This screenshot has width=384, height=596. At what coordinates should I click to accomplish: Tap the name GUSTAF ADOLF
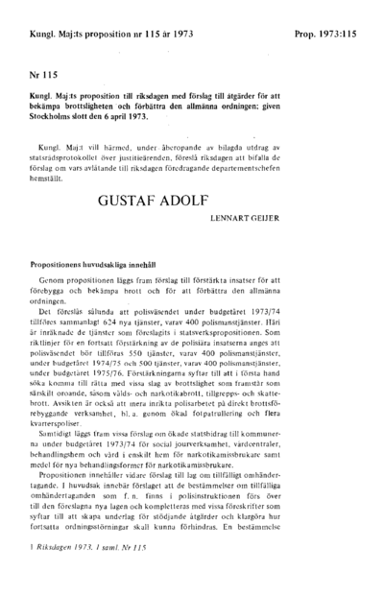click(191, 204)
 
